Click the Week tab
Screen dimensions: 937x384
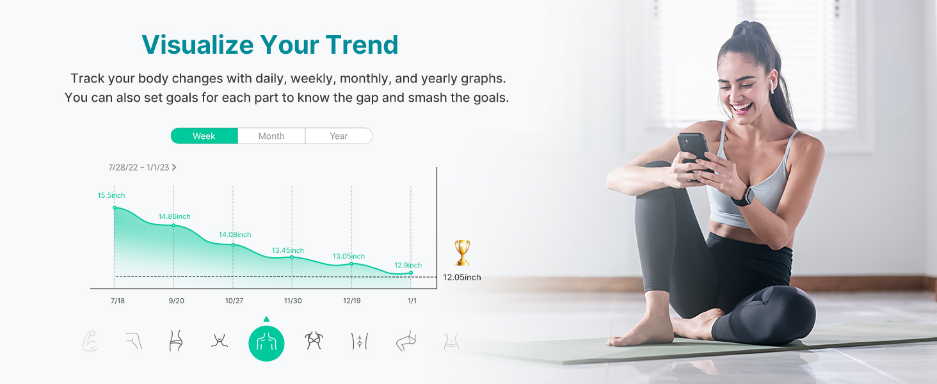(204, 136)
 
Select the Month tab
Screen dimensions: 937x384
(271, 136)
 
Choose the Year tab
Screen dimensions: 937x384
(339, 136)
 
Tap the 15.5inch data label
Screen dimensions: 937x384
(111, 195)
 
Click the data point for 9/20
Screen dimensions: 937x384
(173, 225)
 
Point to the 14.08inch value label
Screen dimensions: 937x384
(235, 235)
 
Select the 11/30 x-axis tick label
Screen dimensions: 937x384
(293, 301)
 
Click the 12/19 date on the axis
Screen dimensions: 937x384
(352, 301)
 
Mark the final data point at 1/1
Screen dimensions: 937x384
(411, 273)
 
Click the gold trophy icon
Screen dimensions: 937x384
(462, 252)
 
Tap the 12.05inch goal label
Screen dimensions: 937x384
(462, 277)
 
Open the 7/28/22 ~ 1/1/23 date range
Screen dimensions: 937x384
(142, 167)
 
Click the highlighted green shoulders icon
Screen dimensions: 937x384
(266, 344)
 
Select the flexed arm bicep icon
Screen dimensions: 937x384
(90, 341)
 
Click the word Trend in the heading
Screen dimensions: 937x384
(362, 45)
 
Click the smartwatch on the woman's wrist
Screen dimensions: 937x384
(744, 196)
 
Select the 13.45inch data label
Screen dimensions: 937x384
(288, 251)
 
